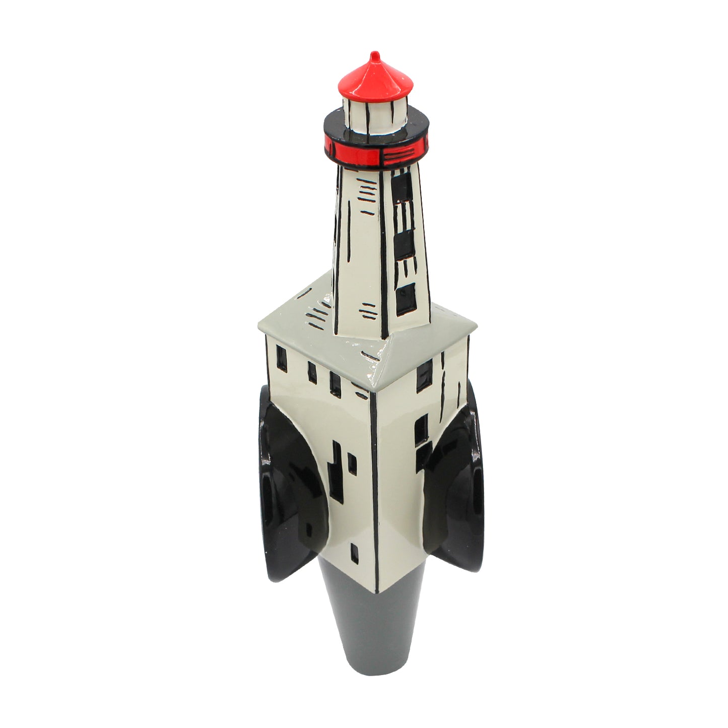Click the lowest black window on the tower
(406, 299)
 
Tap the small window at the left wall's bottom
(355, 553)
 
